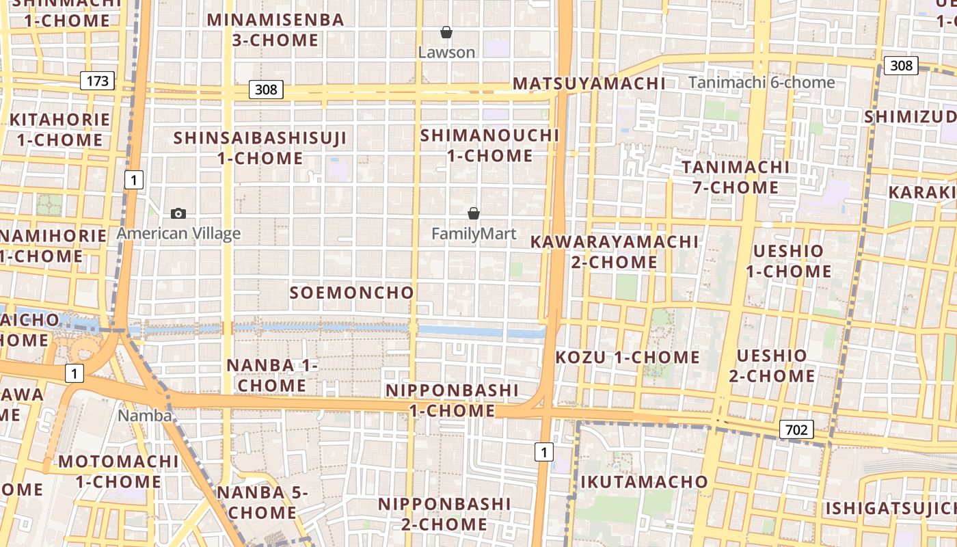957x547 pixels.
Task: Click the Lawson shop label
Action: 446,53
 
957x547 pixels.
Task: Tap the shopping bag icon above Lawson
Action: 446,32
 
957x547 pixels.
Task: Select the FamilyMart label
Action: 474,234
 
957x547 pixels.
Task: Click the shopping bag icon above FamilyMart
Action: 474,213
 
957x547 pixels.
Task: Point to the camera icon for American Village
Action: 178,213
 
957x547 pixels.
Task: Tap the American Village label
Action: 178,234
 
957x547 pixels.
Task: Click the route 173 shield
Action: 98,81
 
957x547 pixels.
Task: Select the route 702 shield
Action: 796,429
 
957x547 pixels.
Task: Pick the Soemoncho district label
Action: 352,293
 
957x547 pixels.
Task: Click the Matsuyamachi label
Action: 589,83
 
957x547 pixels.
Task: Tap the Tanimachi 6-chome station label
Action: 761,83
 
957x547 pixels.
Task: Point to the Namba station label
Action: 144,415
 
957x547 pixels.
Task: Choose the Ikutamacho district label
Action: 644,481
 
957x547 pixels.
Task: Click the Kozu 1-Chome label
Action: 628,357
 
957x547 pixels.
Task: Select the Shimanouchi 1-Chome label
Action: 489,145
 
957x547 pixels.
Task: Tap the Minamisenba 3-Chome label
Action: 275,30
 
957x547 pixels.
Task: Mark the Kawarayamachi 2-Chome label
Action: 615,252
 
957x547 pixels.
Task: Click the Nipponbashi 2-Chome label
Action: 444,514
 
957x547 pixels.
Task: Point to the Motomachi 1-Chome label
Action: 118,471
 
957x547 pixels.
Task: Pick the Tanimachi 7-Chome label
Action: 735,177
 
